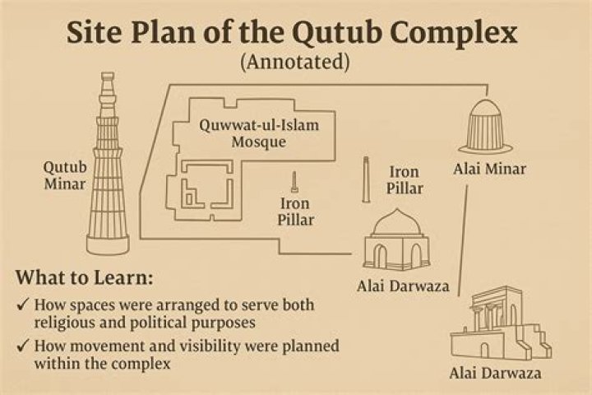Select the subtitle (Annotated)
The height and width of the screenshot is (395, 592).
click(x=295, y=62)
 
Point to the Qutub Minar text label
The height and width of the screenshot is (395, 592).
click(x=65, y=175)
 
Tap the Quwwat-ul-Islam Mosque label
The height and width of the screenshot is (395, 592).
click(x=259, y=133)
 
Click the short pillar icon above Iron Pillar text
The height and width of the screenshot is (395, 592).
click(x=294, y=182)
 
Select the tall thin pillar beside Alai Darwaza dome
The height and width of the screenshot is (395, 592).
click(x=365, y=179)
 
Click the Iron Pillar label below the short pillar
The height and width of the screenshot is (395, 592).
click(x=295, y=211)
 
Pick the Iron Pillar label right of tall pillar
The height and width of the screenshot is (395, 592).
click(x=405, y=180)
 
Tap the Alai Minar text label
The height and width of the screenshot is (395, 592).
click(x=490, y=169)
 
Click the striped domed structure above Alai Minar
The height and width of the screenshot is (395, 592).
click(x=485, y=126)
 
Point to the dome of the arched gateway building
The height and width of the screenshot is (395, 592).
click(x=397, y=223)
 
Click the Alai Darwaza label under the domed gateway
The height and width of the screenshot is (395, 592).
click(x=403, y=286)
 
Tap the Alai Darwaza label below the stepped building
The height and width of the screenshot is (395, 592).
click(x=495, y=374)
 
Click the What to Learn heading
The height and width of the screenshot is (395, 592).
click(x=85, y=278)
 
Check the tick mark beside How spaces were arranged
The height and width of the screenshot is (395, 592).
click(x=24, y=304)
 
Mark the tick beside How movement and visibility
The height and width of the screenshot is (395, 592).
click(x=24, y=346)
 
